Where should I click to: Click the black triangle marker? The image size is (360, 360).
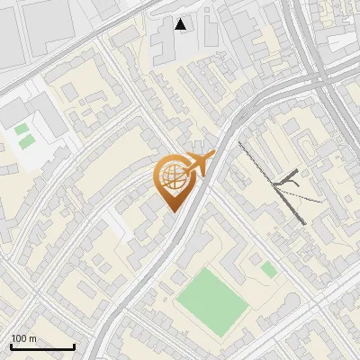coord(181,24)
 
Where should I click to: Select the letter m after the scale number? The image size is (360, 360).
coord(33,338)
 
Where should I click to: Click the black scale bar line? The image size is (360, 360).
coord(42,346)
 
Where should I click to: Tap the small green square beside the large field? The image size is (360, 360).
coord(269,269)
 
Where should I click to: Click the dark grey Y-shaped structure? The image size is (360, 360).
coord(286,180)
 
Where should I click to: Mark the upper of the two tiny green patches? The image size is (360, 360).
coord(21,130)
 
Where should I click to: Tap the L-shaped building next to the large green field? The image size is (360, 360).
coord(236,270)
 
